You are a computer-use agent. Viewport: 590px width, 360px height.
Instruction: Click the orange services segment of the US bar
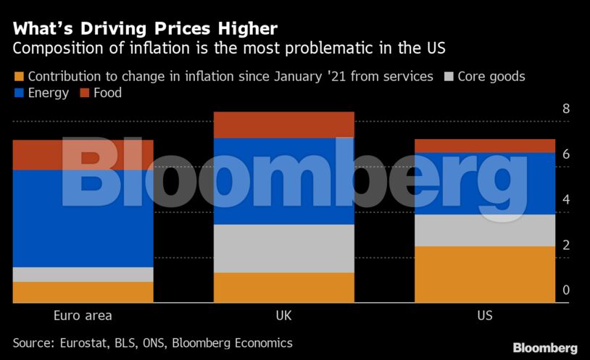[x=484, y=274]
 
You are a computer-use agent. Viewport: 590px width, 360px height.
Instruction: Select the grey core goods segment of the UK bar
[x=283, y=248]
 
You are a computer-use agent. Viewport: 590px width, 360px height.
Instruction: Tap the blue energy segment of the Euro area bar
[x=83, y=218]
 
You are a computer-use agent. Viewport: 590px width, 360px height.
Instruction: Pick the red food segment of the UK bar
[x=283, y=125]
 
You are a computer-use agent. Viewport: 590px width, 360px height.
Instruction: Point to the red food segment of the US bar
[x=484, y=146]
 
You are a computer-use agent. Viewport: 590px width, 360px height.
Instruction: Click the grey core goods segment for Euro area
[x=83, y=274]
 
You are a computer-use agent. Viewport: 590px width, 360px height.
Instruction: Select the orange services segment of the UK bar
[x=283, y=287]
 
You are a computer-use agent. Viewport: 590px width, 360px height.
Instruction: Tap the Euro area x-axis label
[x=83, y=316]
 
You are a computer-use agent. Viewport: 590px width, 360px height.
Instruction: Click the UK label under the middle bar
[x=283, y=316]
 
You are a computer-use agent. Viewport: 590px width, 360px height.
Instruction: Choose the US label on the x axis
[x=484, y=316]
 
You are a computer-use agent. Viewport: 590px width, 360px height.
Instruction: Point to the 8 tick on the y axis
[x=566, y=109]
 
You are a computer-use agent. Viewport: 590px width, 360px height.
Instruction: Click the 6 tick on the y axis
[x=566, y=154]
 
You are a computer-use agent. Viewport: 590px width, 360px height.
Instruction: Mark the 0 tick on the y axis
[x=566, y=290]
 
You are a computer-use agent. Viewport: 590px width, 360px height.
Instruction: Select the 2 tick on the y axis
[x=566, y=245]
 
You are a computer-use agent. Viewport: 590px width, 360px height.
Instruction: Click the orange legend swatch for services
[x=18, y=76]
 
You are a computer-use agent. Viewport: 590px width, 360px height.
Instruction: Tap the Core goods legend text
[x=491, y=76]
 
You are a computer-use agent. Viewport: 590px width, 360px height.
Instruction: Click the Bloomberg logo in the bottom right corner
[x=545, y=348]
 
